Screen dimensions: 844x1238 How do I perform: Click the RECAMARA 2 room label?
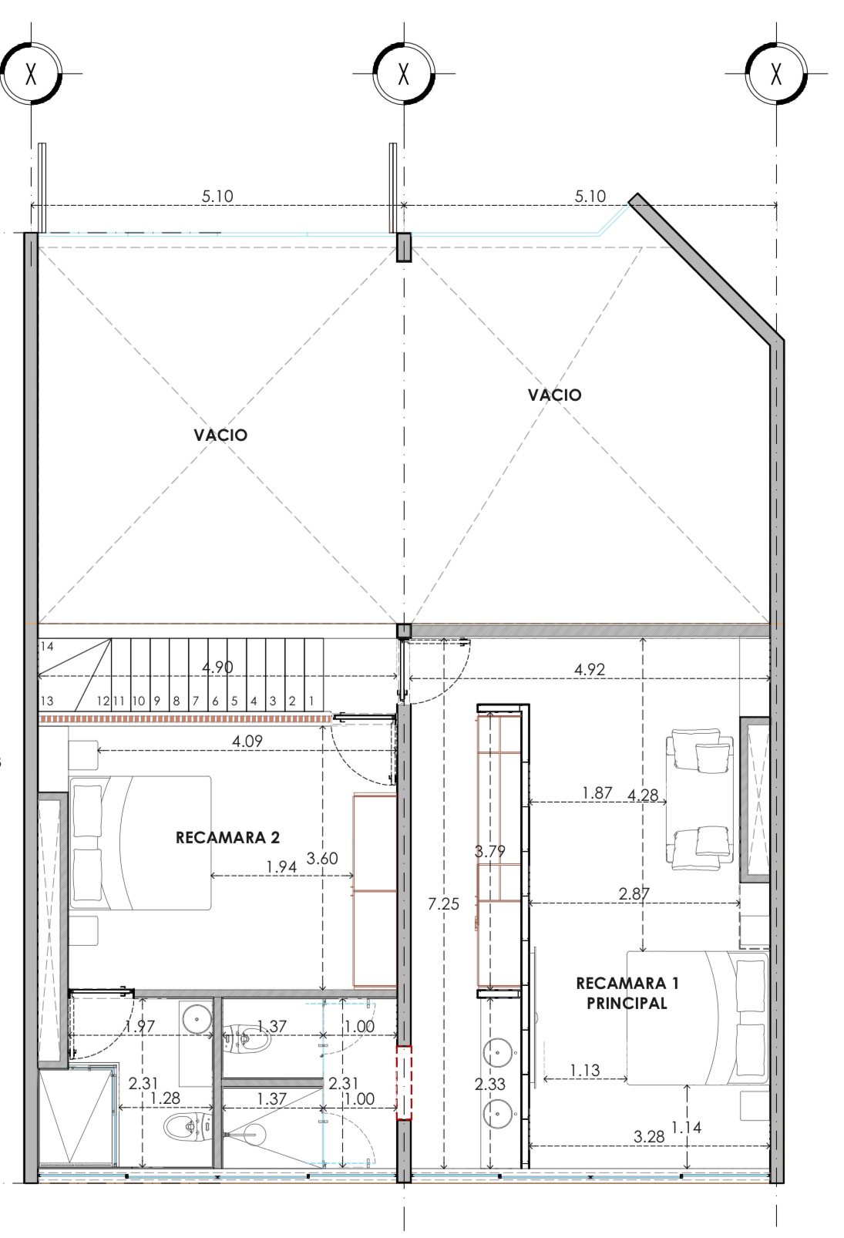click(227, 837)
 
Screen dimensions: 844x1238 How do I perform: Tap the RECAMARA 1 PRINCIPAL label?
click(627, 993)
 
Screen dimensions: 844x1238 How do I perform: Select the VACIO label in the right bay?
click(554, 395)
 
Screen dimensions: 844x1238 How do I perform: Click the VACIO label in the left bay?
click(220, 435)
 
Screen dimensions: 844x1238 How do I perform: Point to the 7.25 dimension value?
click(443, 903)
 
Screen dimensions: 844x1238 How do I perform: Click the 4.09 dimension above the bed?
click(247, 741)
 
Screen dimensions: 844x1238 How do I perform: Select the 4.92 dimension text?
click(590, 669)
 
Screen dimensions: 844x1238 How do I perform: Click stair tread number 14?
click(47, 646)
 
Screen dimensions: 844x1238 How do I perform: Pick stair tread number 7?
click(196, 701)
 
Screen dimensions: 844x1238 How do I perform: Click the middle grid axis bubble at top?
click(404, 73)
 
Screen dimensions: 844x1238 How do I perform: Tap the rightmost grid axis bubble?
click(777, 73)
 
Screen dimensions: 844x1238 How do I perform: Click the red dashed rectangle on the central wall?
click(404, 1083)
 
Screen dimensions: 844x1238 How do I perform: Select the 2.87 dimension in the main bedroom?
click(634, 893)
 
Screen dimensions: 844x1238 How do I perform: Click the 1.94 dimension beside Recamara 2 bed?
click(281, 866)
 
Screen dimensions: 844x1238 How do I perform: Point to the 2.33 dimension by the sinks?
click(489, 1084)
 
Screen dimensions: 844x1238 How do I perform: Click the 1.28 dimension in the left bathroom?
click(165, 1098)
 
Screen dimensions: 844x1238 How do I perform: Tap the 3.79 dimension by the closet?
click(489, 851)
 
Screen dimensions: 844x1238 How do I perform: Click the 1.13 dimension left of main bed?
click(585, 1071)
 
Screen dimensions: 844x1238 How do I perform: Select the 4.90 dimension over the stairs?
click(217, 667)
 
